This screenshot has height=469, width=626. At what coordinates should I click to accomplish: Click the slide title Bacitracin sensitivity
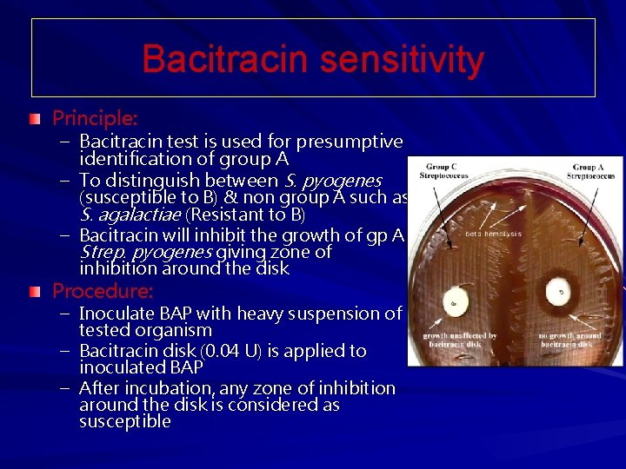(x=313, y=59)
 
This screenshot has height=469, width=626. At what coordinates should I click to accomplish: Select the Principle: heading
(x=95, y=116)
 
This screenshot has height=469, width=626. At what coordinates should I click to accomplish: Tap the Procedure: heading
(x=103, y=289)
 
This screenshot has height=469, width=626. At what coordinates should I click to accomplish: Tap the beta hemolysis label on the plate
(x=493, y=234)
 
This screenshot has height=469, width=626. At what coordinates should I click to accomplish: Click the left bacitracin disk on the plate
(x=454, y=305)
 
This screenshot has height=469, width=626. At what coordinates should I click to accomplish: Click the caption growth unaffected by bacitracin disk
(x=460, y=340)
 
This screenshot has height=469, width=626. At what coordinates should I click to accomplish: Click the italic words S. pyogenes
(x=333, y=181)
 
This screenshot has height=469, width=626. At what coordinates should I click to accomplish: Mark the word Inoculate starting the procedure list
(x=115, y=314)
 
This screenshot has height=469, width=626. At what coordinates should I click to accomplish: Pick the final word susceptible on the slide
(x=125, y=422)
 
